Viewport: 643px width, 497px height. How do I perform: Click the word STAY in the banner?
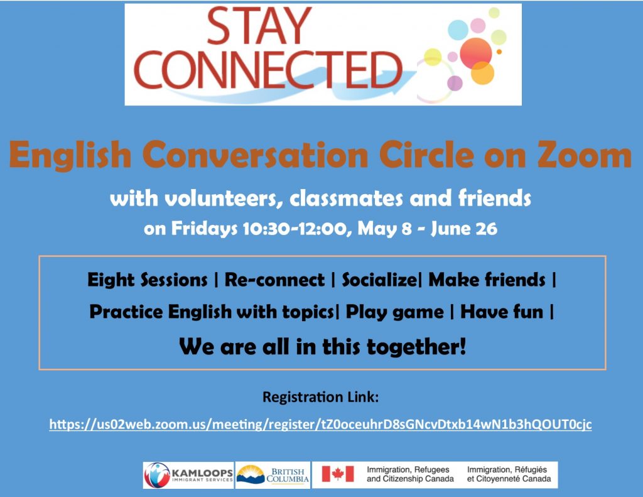point(259,26)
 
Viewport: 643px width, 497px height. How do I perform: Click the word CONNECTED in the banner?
point(268,70)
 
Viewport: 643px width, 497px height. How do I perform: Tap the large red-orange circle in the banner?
point(476,53)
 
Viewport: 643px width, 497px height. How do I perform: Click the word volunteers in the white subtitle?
point(224,199)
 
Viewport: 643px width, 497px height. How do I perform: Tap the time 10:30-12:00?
point(297,229)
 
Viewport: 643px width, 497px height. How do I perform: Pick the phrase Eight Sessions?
point(147,280)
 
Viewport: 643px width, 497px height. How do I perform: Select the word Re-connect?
point(274,280)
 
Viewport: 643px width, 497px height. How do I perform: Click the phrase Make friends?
point(487,280)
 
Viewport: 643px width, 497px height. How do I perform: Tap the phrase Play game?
point(394,312)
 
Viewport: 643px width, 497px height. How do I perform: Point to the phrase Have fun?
point(502,312)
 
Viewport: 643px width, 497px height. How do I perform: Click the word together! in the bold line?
point(416,347)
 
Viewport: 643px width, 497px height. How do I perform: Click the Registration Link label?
point(320,397)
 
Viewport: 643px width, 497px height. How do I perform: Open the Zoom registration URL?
point(320,424)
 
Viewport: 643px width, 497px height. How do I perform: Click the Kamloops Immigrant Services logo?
point(188,475)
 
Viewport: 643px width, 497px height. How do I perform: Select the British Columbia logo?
point(273,475)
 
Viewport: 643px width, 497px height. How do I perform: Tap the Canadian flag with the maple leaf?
point(337,474)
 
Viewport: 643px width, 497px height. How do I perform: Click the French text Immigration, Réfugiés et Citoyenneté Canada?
point(509,474)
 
